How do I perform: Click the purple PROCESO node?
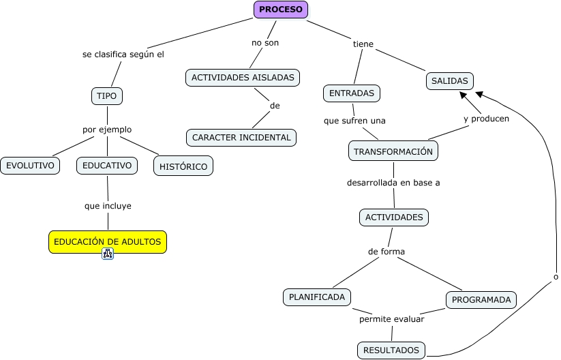281,10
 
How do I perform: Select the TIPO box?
107,96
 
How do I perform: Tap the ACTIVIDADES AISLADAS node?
243,78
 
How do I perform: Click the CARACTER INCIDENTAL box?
241,138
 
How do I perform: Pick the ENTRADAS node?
351,93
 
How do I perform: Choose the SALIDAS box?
450,81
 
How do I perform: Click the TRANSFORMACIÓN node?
393,151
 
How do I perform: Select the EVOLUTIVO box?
30,165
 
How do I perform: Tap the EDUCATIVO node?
107,165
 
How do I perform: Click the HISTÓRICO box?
183,166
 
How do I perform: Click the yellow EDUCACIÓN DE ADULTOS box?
108,242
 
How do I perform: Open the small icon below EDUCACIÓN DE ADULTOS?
108,254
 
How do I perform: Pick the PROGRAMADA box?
481,300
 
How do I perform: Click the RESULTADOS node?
391,350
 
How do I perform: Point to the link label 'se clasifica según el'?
123,55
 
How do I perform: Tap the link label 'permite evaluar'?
392,318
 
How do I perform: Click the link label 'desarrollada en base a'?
393,183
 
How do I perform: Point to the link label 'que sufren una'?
354,121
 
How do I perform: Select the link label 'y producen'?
486,119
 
